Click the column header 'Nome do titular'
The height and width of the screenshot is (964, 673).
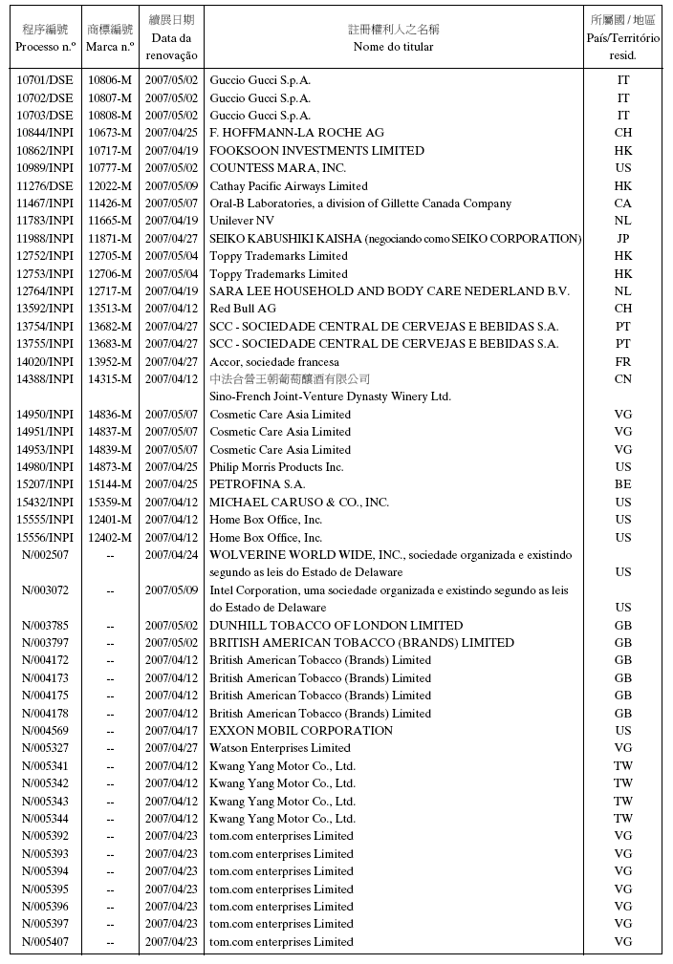coord(393,46)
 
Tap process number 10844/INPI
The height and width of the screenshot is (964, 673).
coord(45,133)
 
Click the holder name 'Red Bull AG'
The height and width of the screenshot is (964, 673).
coord(243,309)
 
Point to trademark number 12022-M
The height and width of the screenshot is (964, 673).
coord(110,186)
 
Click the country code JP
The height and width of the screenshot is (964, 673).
coord(623,239)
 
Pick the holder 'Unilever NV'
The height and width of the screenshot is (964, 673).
coord(242,221)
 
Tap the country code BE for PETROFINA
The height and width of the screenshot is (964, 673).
coord(623,484)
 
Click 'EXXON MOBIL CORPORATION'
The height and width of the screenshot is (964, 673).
coord(301,731)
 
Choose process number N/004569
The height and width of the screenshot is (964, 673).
coord(45,731)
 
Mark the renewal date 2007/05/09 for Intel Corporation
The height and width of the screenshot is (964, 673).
coord(172,590)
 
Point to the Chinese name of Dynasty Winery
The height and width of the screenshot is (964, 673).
coord(290,379)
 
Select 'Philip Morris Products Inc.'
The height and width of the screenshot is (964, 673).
coord(276,467)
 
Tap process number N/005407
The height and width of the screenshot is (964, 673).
coord(45,942)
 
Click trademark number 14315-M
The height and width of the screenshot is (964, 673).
coord(110,379)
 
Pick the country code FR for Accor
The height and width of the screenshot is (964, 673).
coord(623,362)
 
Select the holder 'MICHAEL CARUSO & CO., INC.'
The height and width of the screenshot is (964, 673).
coord(299,503)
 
